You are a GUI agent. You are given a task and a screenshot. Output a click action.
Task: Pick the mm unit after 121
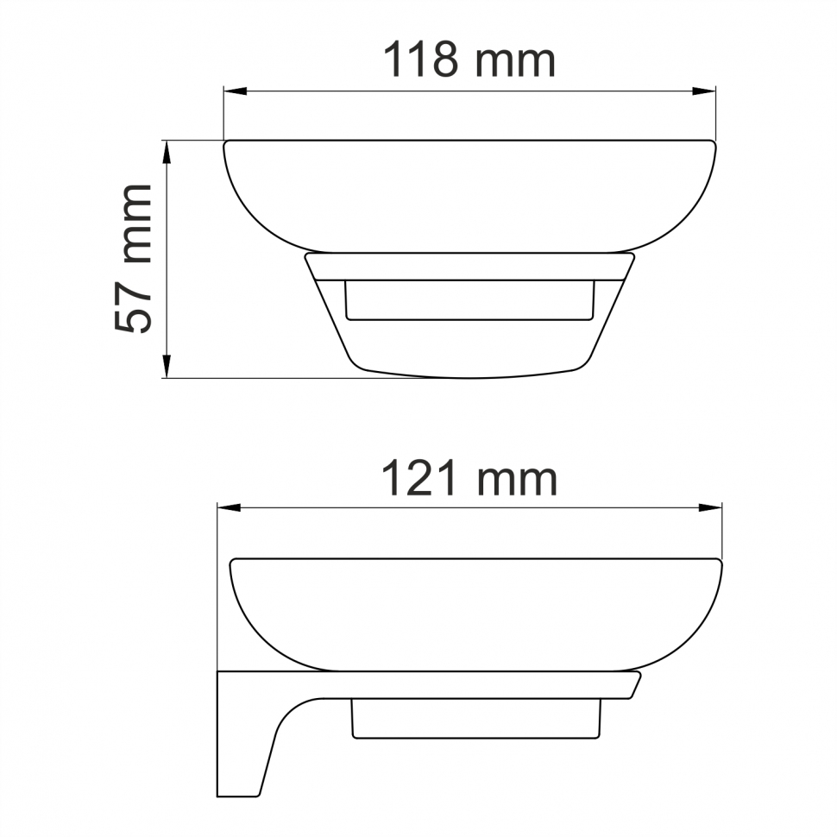(516, 481)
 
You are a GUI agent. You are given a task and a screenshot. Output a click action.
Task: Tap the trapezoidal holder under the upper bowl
(469, 345)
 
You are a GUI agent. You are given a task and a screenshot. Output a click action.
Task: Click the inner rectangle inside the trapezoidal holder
(469, 299)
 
